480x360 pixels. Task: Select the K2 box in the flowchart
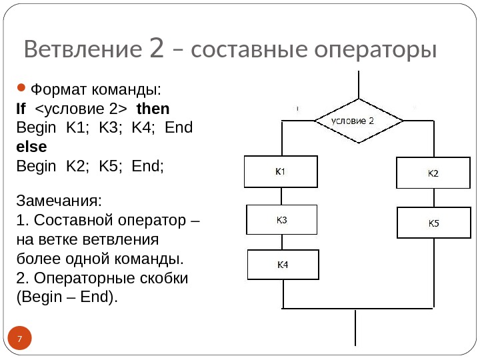433,173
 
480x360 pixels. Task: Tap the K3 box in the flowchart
282,220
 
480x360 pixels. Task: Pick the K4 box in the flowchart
283,265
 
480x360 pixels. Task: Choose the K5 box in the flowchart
433,223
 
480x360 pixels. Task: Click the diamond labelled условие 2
359,121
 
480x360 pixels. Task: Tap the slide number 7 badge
20,340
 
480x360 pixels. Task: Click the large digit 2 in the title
156,48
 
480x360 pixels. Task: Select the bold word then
153,109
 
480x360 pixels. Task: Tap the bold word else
31,146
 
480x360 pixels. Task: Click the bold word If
21,109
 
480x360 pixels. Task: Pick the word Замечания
59,201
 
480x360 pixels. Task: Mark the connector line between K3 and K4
282,242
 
